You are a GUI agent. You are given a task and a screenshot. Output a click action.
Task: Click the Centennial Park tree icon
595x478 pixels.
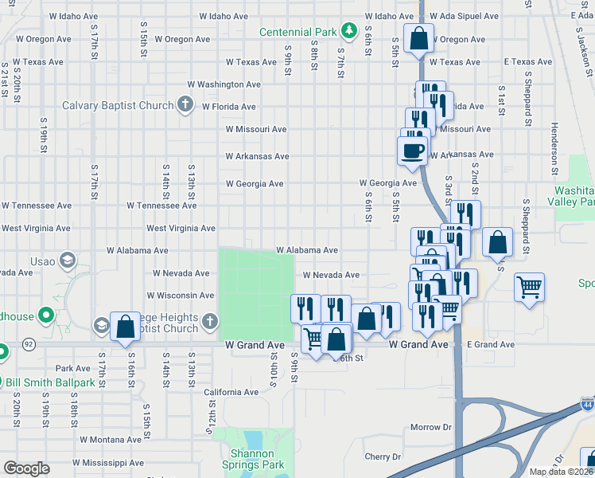pyautogui.click(x=348, y=31)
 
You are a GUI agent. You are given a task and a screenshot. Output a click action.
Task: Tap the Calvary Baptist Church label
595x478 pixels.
pyautogui.click(x=118, y=106)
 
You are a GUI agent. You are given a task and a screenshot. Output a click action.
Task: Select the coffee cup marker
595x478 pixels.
pyautogui.click(x=412, y=151)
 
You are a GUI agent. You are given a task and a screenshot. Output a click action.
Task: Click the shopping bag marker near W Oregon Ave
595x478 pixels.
pyautogui.click(x=418, y=37)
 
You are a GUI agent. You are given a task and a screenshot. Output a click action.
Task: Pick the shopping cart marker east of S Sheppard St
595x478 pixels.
pyautogui.click(x=529, y=287)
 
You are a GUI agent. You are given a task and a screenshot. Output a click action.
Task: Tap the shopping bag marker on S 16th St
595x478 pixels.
pyautogui.click(x=125, y=326)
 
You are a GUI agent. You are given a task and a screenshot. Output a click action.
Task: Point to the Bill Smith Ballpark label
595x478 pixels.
pyautogui.click(x=56, y=383)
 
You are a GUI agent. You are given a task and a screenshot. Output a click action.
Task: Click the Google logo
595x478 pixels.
pyautogui.click(x=26, y=468)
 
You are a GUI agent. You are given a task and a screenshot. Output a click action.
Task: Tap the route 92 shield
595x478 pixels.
pyautogui.click(x=29, y=345)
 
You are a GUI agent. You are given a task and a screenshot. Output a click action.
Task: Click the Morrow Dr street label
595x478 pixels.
pyautogui.click(x=430, y=427)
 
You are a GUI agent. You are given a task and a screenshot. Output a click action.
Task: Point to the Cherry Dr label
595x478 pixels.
pyautogui.click(x=383, y=456)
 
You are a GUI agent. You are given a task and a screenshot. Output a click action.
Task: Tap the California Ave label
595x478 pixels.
pyautogui.click(x=231, y=392)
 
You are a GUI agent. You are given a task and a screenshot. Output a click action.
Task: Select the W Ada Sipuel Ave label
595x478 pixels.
pyautogui.click(x=464, y=16)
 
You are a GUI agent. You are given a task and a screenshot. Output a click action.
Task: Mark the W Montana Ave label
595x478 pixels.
pyautogui.click(x=111, y=439)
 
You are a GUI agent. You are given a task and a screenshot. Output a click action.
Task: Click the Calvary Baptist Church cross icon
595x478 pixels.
pyautogui.click(x=185, y=104)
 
